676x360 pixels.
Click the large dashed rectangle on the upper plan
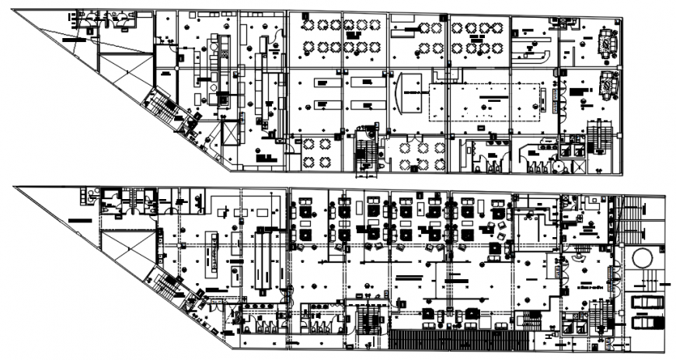[x=486, y=101]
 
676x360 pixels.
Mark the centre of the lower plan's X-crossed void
[x=127, y=253]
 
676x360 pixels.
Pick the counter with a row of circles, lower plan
[x=211, y=253]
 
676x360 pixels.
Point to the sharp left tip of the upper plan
[x=16, y=13]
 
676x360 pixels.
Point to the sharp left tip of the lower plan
[x=16, y=187]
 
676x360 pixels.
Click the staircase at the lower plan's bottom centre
[x=371, y=318]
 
